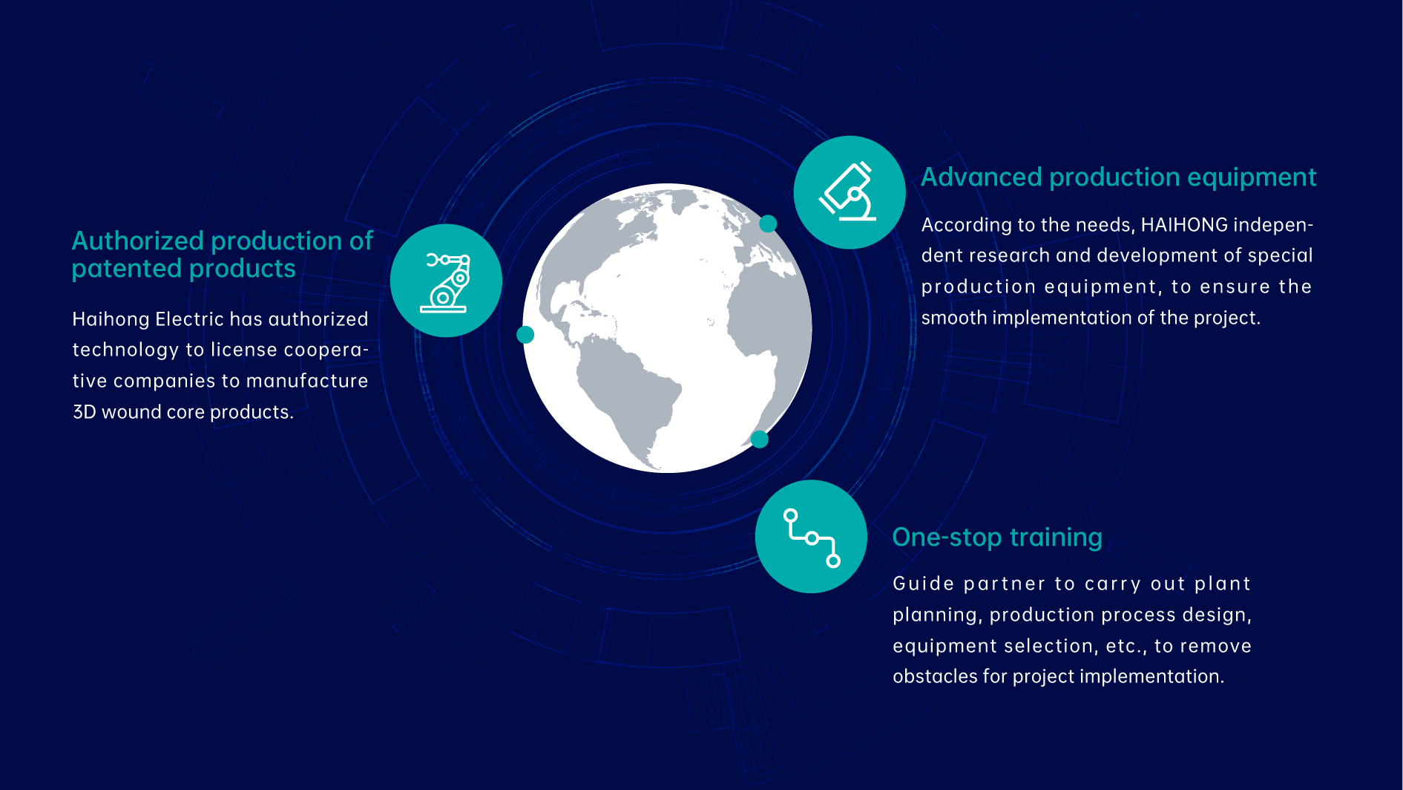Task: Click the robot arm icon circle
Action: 446,281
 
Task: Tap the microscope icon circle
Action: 850,192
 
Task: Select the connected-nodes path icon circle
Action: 812,537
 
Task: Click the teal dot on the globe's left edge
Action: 525,335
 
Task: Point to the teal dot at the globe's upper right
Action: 768,223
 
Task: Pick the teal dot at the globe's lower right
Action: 759,440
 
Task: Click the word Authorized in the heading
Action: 138,241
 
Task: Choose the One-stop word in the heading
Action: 947,538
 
